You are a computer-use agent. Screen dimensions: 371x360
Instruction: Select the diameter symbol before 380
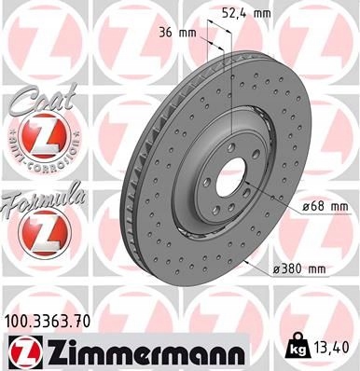pos(275,270)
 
